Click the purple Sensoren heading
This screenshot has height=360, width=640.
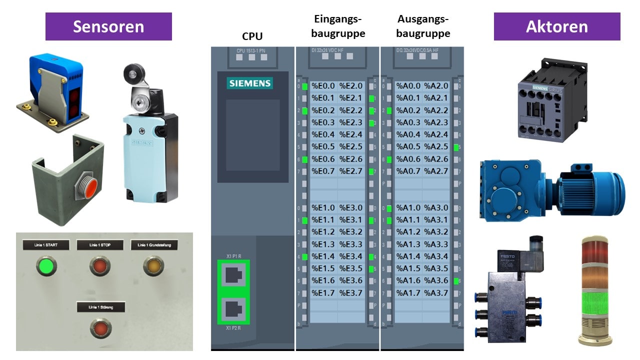tap(108, 26)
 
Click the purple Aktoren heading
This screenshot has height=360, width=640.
tap(556, 26)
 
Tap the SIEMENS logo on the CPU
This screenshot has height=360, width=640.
tap(250, 83)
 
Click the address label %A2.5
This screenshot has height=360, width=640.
tap(436, 147)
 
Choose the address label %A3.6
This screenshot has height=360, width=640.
tap(436, 281)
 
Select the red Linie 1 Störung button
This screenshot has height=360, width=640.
tap(100, 328)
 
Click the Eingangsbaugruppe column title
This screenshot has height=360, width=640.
tap(338, 26)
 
